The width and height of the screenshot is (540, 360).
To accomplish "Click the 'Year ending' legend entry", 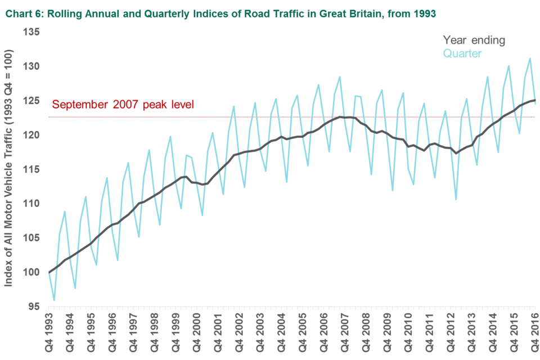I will (x=474, y=40).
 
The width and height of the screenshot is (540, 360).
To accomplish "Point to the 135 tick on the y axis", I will (x=32, y=32).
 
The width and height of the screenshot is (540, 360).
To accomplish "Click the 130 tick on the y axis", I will (x=32, y=66).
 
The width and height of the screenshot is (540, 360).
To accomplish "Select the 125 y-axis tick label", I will (x=32, y=101).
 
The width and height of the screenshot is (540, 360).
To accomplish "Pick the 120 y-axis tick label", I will (x=32, y=135).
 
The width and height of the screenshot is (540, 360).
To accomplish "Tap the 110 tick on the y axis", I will (x=32, y=204).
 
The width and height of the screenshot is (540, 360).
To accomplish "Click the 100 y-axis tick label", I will (x=32, y=272).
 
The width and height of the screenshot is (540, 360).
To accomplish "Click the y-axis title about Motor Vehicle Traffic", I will (x=9, y=169).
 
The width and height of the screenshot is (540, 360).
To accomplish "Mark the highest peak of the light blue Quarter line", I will (x=530, y=58).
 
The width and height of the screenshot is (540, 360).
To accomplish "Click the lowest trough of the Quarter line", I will (x=55, y=301).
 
